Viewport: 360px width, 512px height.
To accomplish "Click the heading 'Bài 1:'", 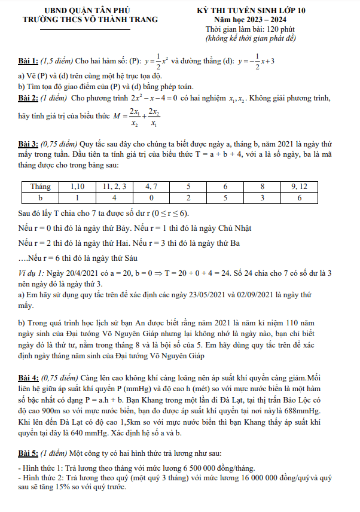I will [29, 61].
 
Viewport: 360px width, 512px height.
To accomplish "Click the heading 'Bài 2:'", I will [29, 96].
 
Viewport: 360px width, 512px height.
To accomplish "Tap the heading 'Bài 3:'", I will [29, 145].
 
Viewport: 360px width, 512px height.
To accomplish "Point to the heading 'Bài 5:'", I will [29, 454].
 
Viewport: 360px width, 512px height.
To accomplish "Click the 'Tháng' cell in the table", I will [41, 187].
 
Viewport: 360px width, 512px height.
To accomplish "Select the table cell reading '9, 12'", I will [298, 187].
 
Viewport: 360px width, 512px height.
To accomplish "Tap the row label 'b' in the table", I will [41, 197].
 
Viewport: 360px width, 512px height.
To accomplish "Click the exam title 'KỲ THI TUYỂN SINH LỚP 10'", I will [260, 11].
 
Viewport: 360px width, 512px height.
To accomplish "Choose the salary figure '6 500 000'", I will [187, 468].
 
